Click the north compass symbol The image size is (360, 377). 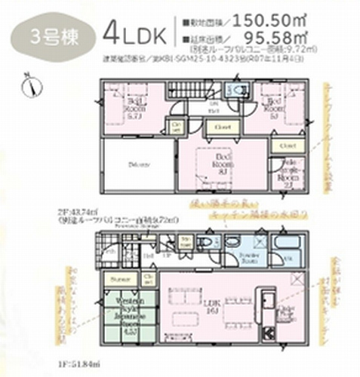[29, 85]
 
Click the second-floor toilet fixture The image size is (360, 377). [239, 92]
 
